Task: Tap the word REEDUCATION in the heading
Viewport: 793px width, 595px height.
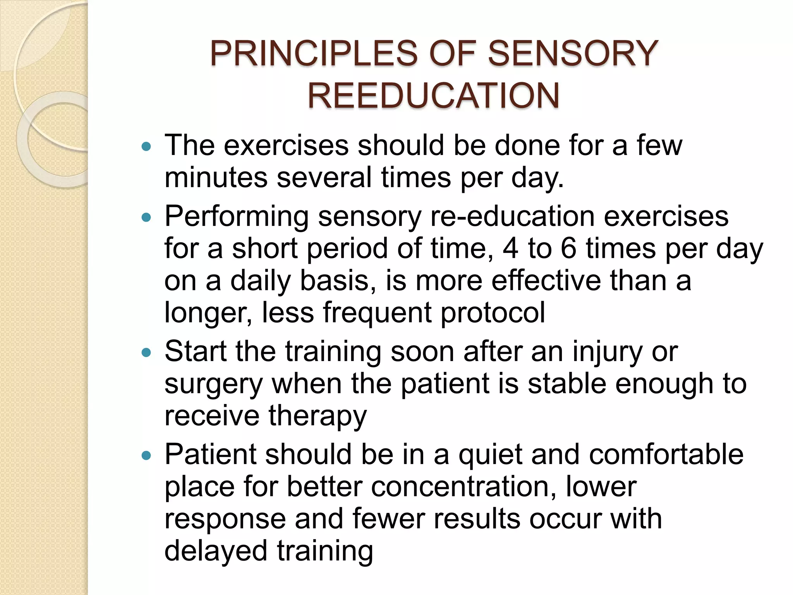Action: [x=434, y=96]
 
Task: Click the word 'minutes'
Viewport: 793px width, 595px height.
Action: [x=216, y=178]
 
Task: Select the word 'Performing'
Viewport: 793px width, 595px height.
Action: [x=236, y=217]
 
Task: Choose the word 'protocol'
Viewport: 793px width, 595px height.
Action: [x=493, y=313]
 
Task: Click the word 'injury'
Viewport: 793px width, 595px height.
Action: [x=605, y=353]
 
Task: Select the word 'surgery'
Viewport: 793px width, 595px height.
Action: [x=214, y=385]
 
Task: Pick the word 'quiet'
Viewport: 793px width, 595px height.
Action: [x=490, y=455]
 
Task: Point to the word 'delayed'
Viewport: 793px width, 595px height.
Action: [x=216, y=552]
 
